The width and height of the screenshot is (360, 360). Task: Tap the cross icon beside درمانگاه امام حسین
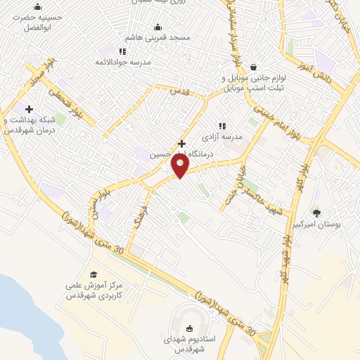(181, 143)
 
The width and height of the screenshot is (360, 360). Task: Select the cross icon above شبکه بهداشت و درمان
(29, 109)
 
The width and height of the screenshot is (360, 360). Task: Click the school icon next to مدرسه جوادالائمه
(123, 51)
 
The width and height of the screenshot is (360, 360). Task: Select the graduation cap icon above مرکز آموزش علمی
(93, 274)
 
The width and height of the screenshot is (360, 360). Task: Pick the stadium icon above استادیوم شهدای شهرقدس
(188, 328)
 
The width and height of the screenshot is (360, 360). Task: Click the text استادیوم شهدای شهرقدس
(188, 344)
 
